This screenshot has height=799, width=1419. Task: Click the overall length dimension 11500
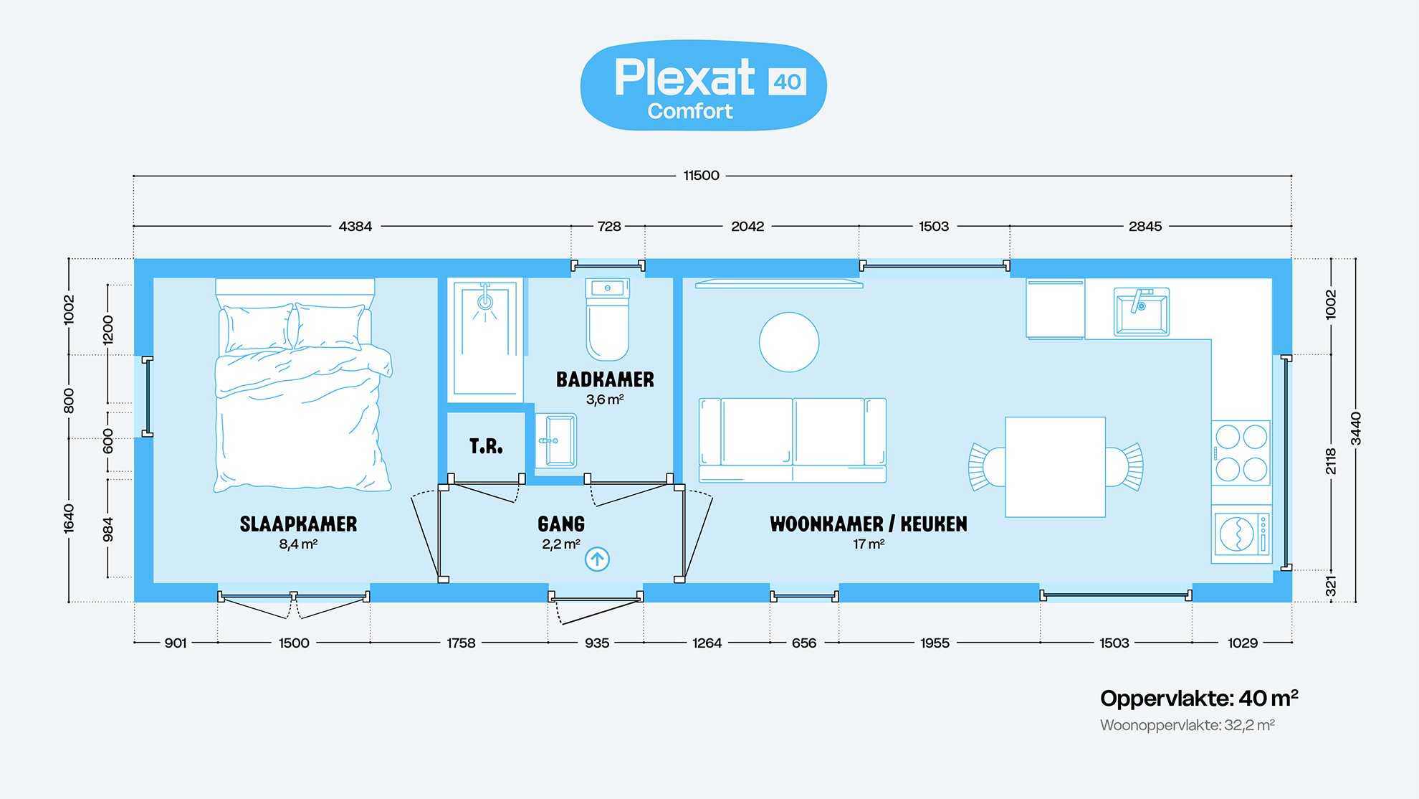701,176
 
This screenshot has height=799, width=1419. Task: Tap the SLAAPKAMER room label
298,524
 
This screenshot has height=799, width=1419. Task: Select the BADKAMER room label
605,379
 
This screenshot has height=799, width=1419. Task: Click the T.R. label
486,447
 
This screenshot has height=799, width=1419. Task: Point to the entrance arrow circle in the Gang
597,559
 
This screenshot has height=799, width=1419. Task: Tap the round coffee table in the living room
789,342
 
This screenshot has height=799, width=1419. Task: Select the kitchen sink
1141,312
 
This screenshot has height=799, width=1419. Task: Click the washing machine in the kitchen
1241,534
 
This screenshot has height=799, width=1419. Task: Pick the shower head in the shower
485,302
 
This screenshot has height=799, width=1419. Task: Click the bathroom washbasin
555,440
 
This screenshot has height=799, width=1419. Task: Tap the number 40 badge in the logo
787,82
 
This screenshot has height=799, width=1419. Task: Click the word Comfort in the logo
690,111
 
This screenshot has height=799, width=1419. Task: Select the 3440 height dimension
1355,428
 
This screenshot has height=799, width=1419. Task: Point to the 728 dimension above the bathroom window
609,227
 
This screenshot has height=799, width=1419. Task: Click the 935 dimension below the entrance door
597,643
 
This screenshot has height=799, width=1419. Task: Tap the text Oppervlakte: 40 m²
1199,698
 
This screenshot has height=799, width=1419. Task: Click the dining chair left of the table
986,466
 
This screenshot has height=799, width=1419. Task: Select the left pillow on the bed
258,328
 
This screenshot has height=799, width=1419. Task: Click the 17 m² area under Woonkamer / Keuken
869,544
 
